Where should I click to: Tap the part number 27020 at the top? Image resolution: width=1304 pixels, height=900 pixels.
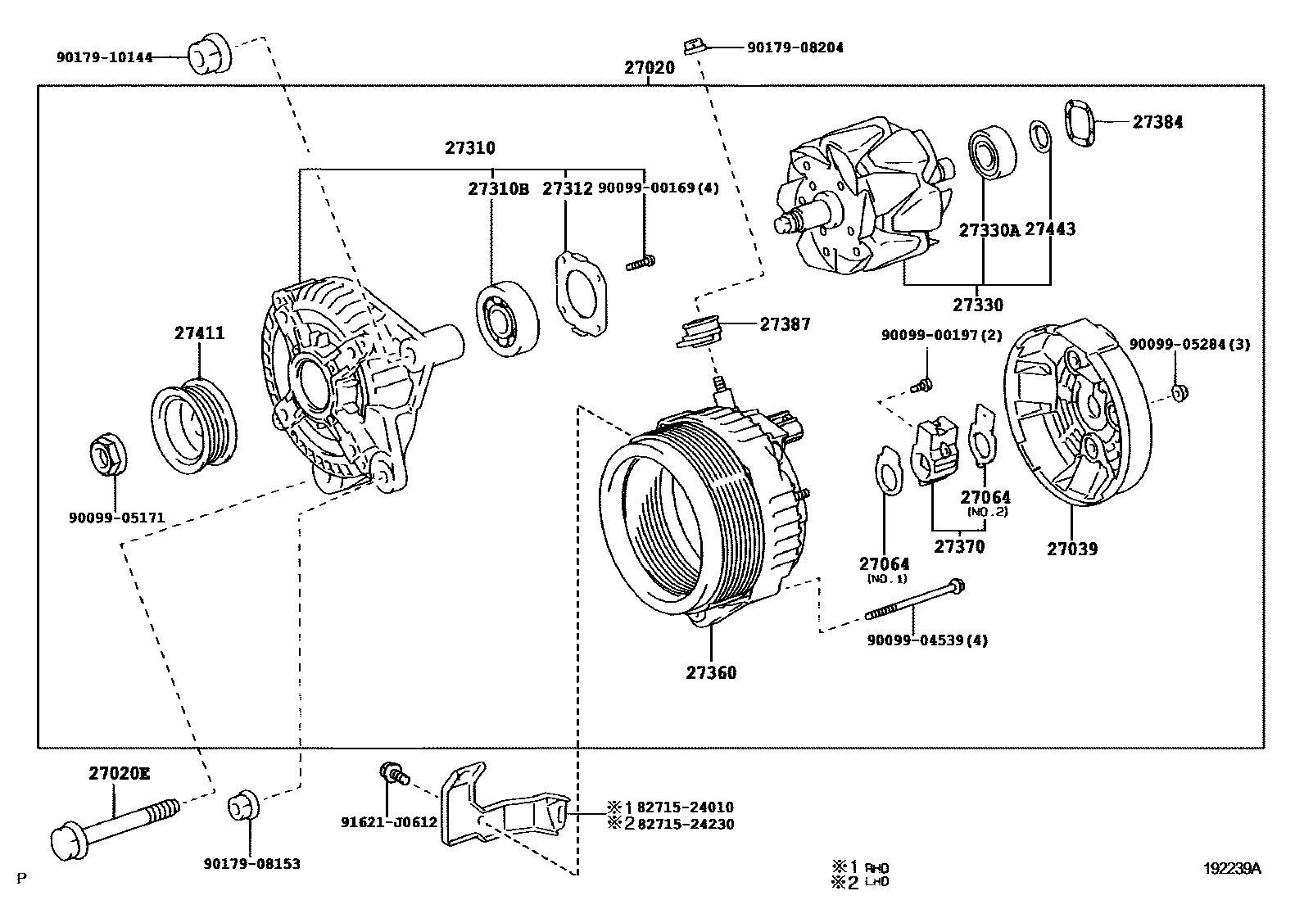(649, 68)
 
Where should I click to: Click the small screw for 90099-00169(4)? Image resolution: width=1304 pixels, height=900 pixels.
(641, 263)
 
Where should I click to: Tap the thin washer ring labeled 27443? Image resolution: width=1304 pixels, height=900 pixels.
(1039, 136)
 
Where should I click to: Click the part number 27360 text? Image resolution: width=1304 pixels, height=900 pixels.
(711, 673)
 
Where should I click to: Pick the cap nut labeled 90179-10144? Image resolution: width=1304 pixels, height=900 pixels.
(211, 54)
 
